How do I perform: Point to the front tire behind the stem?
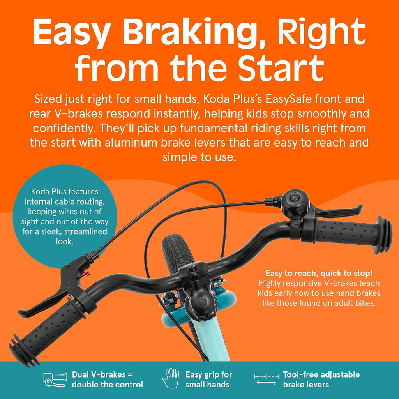(177, 252)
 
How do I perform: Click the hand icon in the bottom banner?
(171, 378)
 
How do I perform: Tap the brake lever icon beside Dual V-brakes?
(55, 380)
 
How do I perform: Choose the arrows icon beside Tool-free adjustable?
(266, 379)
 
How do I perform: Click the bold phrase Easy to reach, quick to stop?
(319, 273)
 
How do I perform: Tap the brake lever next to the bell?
(336, 210)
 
